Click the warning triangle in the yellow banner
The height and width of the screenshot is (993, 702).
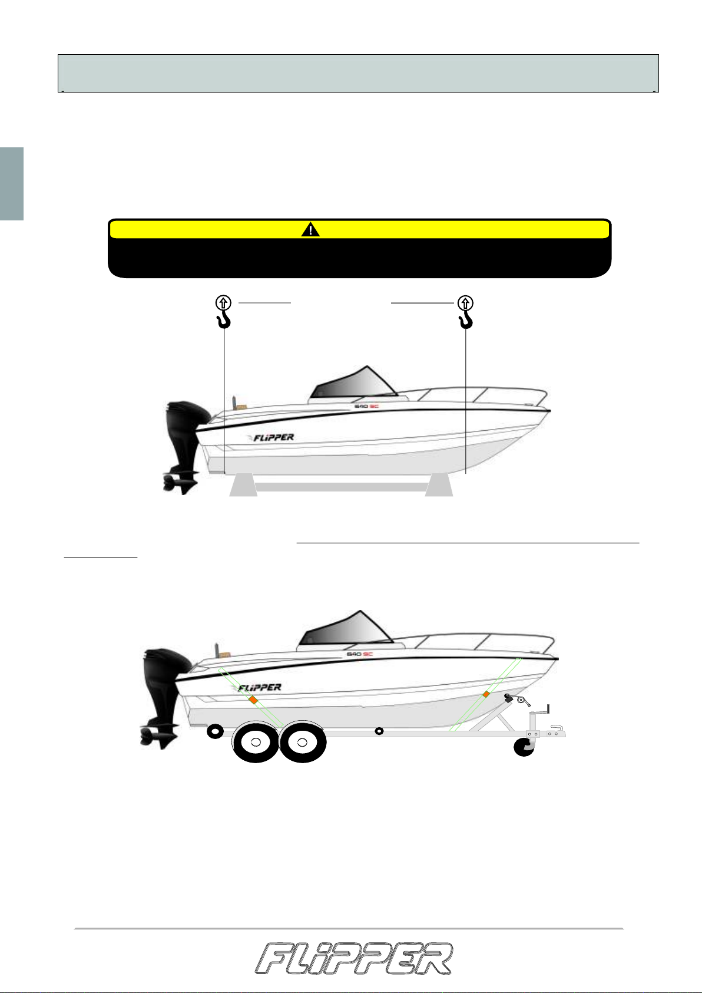pos(310,229)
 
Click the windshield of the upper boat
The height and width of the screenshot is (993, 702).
pos(355,383)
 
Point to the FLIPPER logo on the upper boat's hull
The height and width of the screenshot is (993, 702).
pos(271,437)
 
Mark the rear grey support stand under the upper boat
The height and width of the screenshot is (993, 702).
pos(243,484)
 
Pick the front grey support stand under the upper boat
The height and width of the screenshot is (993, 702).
pos(439,484)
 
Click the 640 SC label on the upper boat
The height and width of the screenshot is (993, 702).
pos(367,406)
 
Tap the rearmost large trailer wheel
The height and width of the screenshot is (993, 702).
pos(256,742)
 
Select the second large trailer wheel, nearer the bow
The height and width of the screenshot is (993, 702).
pos(303,742)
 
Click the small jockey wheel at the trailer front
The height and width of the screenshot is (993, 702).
pos(524,747)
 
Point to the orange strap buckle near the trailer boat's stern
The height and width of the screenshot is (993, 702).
pos(253,700)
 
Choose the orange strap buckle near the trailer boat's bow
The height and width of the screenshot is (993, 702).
pos(486,694)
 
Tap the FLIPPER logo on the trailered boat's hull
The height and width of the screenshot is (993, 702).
pos(258,688)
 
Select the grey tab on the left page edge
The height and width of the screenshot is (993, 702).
pos(12,183)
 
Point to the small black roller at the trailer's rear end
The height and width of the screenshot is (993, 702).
pos(215,731)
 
